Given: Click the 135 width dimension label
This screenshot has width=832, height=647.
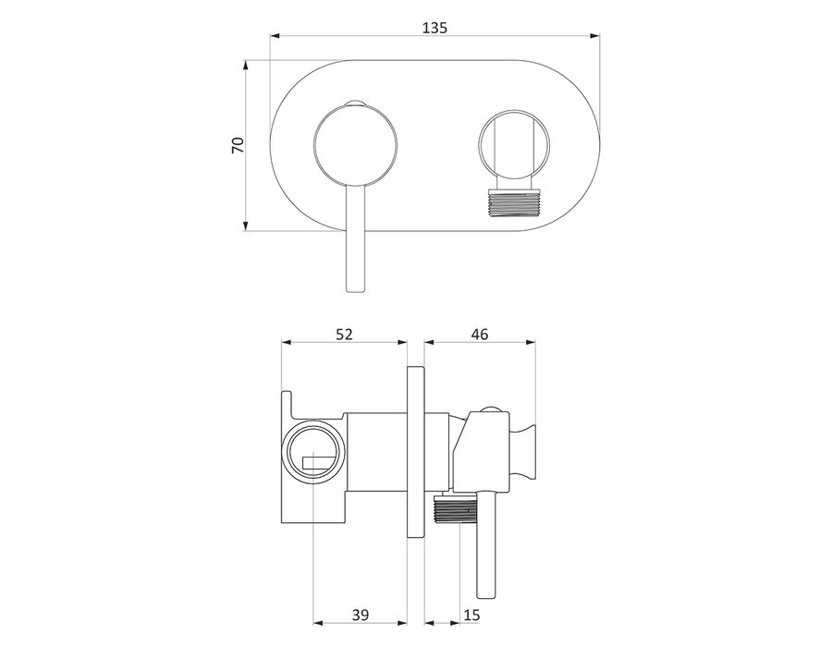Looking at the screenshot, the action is pyautogui.click(x=434, y=28).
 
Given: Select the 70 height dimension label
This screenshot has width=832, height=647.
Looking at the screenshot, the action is pyautogui.click(x=238, y=145).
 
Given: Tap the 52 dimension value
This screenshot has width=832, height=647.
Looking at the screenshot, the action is pyautogui.click(x=344, y=334).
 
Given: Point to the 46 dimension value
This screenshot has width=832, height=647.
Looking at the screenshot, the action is pyautogui.click(x=479, y=334).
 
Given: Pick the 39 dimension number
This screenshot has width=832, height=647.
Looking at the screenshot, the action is pyautogui.click(x=360, y=615).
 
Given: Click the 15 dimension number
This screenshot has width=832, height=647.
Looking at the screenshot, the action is pyautogui.click(x=471, y=615).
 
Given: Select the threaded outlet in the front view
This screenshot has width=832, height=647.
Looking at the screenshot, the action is pyautogui.click(x=512, y=203).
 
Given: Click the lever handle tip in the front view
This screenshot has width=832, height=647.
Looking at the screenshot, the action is pyautogui.click(x=356, y=288).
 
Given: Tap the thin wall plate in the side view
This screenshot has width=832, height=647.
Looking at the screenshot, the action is pyautogui.click(x=415, y=452).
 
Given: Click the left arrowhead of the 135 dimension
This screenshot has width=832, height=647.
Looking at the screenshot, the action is pyautogui.click(x=275, y=36).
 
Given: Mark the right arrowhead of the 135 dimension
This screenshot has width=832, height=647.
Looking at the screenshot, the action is pyautogui.click(x=594, y=36).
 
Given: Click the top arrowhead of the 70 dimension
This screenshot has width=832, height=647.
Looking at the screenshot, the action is pyautogui.click(x=245, y=65).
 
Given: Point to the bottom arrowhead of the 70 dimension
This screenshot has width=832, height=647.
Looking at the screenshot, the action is pyautogui.click(x=245, y=226).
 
